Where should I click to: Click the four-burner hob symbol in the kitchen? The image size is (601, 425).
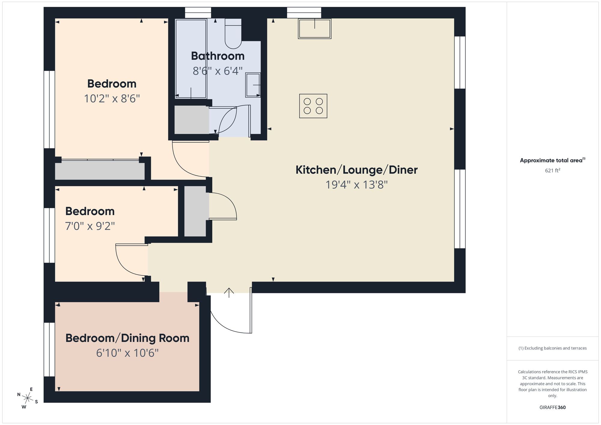pos(313,106)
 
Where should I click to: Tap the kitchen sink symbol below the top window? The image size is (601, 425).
pos(314,29)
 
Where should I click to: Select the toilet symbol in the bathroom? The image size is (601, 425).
pos(233,34)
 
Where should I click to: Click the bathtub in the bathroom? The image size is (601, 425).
pos(191,59)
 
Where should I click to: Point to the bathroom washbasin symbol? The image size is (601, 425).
pos(253,85)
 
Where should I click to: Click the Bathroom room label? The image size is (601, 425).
pos(218,56)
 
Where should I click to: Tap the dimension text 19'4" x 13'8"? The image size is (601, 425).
pos(356,185)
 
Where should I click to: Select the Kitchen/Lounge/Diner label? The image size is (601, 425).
pos(356,170)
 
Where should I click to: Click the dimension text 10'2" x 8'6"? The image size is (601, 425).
pos(112,99)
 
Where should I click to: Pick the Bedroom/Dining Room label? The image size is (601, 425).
pos(127,338)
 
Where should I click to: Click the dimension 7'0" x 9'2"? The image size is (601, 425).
pos(90,226)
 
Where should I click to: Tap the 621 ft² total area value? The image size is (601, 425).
pos(552,170)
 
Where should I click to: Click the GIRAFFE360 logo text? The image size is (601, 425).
pos(552,408)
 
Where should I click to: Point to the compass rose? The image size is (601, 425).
pos(28,398)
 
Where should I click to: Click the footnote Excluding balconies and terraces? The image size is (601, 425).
pos(552,348)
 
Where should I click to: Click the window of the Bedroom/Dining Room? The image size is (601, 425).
pos(49,349)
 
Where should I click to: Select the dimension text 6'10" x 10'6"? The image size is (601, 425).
pos(127,353)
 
